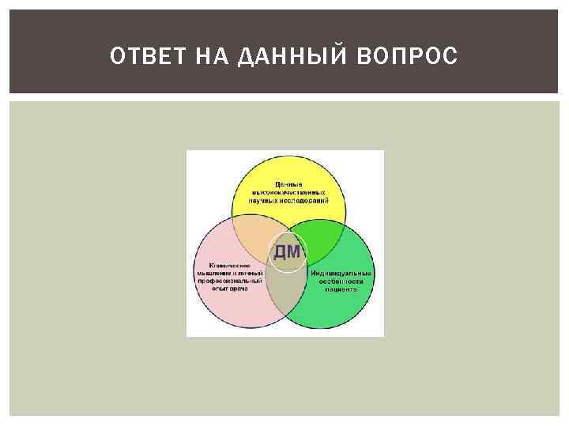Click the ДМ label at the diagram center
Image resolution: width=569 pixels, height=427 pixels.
pyautogui.click(x=286, y=252)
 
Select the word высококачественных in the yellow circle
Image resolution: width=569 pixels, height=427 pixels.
pyautogui.click(x=289, y=192)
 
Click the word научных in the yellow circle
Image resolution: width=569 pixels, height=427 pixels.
pyautogui.click(x=269, y=200)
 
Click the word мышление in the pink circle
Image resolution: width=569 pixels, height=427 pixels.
pyautogui.click(x=213, y=273)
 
